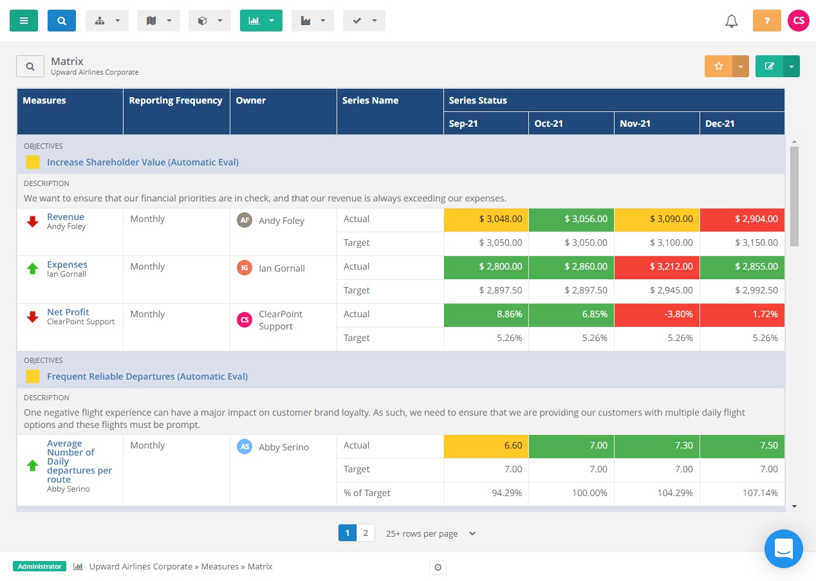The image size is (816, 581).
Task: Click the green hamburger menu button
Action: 24,21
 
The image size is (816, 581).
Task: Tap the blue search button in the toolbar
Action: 62,21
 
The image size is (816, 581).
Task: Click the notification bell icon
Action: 731,21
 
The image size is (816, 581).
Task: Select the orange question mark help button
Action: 766,21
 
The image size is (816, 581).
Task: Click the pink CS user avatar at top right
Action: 798,21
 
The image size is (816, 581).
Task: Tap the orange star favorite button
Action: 719,66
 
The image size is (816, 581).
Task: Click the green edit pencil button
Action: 769,66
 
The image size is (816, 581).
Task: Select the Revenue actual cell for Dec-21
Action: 742,219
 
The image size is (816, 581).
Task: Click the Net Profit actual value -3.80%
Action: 656,315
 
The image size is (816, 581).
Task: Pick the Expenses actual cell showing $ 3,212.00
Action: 656,267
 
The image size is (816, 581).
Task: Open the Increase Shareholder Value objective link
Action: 142,162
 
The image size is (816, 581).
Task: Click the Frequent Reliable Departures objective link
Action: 147,376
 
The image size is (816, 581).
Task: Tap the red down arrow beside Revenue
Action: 32,222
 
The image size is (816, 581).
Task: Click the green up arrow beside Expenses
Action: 32,269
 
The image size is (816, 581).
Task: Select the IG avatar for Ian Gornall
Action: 245,268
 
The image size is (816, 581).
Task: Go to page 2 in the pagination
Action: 366,533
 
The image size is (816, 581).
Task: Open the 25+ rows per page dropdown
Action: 431,533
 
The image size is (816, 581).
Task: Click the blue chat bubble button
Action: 783,549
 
